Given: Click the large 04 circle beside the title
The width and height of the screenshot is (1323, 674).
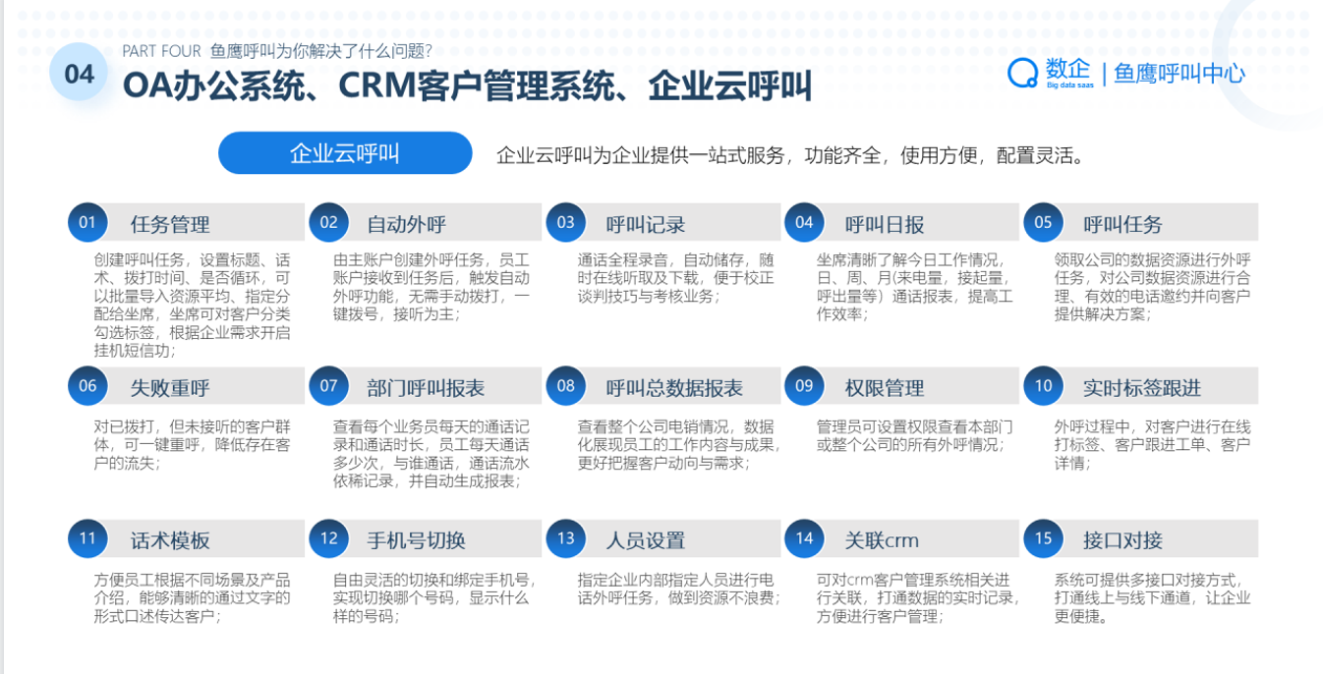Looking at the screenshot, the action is point(80,74).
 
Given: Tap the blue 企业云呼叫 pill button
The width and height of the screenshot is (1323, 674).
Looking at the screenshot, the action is point(345,153).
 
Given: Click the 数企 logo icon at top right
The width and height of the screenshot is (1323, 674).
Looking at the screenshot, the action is point(1022,73).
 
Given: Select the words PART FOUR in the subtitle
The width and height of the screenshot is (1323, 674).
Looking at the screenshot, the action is point(161,51).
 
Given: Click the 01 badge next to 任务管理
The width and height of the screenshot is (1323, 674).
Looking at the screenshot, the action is point(87,222).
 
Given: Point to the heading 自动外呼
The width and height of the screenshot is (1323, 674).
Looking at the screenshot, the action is point(406,224).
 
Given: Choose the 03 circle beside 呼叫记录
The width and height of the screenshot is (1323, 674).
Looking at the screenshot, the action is point(566,222).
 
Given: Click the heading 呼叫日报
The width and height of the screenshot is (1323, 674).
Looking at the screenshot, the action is point(885,224).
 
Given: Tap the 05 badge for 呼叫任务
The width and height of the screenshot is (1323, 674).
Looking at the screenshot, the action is point(1043,222).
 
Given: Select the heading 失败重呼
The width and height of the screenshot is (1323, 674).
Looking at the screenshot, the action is point(170,388).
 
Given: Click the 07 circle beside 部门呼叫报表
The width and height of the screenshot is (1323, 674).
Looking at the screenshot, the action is point(329,386).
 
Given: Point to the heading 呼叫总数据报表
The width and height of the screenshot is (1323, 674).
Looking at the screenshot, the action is point(674,388).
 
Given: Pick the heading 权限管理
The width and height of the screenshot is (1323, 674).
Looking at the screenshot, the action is point(885,388).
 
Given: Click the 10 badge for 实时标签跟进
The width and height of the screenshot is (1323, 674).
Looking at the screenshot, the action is point(1043,386).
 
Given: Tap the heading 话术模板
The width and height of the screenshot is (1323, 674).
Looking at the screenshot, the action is point(170,540).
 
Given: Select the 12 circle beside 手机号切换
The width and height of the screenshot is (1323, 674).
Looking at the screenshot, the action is point(329,538).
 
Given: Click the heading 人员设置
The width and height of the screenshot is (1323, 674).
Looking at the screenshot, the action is point(646,540).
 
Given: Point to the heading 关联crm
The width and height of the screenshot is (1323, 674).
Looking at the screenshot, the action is point(882,540).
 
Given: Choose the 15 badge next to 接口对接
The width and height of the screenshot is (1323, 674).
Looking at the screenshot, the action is point(1043,538).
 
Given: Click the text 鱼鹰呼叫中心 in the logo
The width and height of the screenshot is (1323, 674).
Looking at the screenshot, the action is point(1179,74).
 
